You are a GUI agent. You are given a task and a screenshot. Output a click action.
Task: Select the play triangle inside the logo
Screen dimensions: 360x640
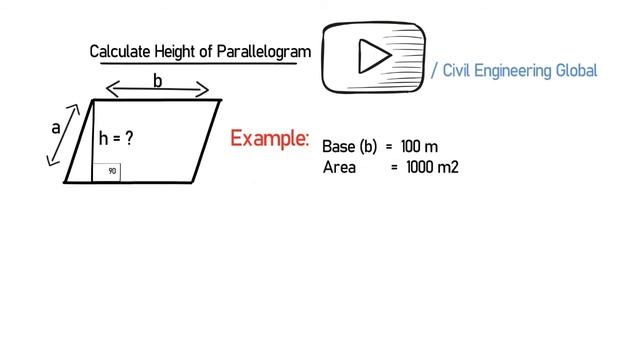(x=373, y=57)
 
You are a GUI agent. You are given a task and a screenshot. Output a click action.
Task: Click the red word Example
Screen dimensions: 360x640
(x=269, y=139)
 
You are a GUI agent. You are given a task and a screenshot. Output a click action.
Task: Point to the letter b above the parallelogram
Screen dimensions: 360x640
(x=157, y=81)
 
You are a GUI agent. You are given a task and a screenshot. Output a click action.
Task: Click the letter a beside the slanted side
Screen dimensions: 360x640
(x=57, y=128)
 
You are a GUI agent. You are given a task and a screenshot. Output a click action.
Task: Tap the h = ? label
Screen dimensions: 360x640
(x=116, y=140)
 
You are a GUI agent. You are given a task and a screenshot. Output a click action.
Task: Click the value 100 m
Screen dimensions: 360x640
(x=419, y=146)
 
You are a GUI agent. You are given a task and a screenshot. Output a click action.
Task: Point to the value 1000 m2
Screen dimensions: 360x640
(x=432, y=167)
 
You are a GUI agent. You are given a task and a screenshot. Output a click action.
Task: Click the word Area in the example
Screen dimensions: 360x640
(x=340, y=167)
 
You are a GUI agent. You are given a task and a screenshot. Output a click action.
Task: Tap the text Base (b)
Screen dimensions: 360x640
(x=350, y=146)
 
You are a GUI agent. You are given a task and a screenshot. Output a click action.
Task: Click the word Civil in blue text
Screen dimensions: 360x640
(x=456, y=71)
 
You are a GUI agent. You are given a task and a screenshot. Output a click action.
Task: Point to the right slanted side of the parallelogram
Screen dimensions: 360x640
(x=208, y=141)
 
